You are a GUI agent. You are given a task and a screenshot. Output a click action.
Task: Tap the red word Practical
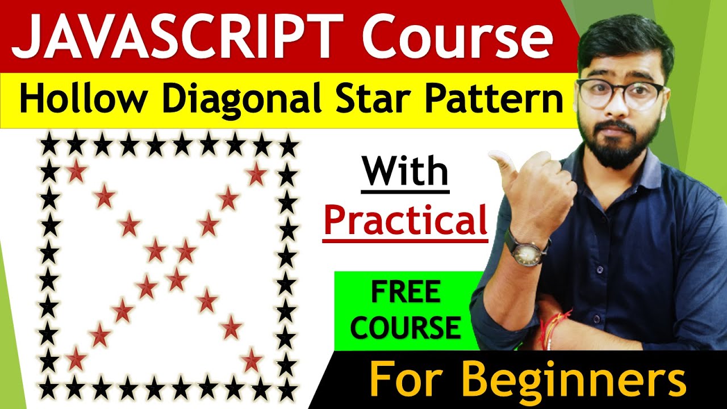click(406, 222)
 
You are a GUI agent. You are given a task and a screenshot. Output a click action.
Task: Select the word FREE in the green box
click(406, 294)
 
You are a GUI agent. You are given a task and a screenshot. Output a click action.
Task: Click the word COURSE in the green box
click(406, 328)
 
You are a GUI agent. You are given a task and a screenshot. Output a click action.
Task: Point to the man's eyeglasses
click(619, 94)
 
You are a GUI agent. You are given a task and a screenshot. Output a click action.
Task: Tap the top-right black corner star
click(289, 147)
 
